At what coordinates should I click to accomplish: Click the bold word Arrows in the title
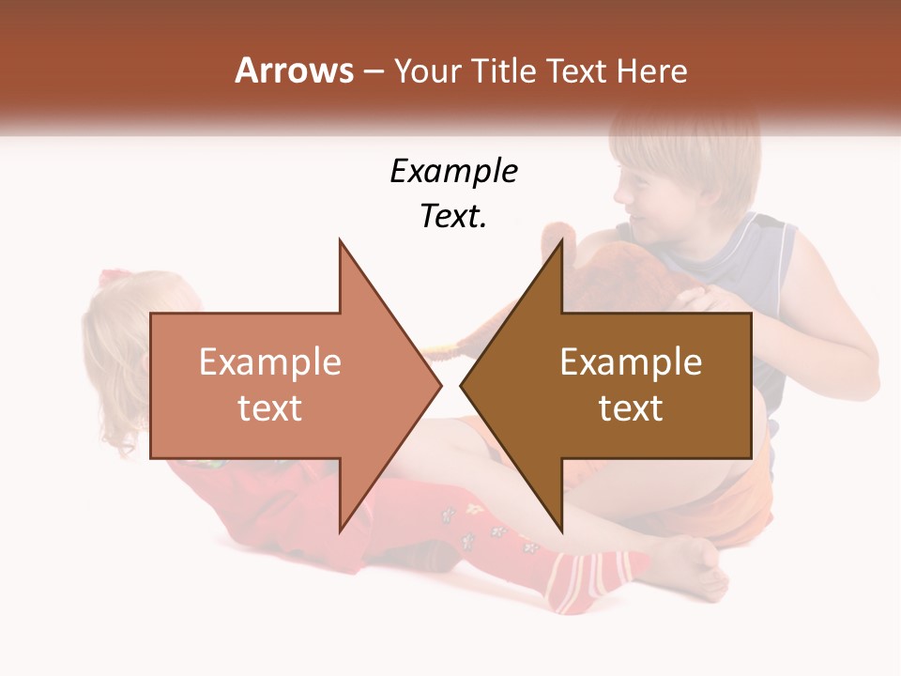[x=294, y=70]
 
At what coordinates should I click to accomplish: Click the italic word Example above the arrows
[x=453, y=172]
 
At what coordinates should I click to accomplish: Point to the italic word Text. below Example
[x=453, y=216]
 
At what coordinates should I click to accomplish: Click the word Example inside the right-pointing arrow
[x=269, y=362]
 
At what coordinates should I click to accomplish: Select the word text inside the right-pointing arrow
[x=269, y=408]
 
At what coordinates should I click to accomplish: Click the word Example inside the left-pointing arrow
[x=631, y=362]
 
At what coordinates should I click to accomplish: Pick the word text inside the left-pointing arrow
[x=631, y=408]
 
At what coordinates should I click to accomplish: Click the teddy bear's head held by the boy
[x=582, y=263]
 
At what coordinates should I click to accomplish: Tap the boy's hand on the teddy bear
[x=699, y=299]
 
